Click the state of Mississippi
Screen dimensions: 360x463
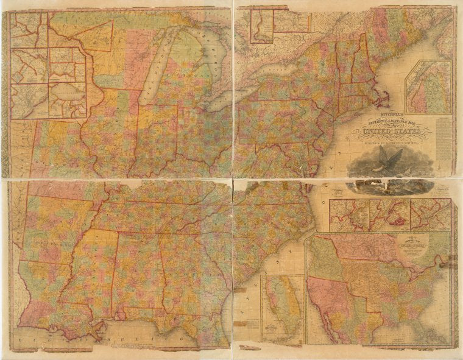click(98, 268)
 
